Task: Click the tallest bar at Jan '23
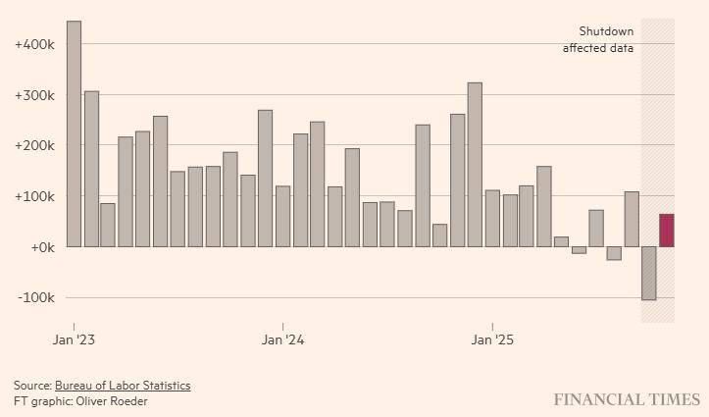[x=74, y=133]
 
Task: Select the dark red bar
[x=666, y=231]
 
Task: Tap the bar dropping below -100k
[x=648, y=273]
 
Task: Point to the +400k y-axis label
[x=34, y=45]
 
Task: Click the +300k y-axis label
[x=34, y=95]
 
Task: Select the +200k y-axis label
[x=34, y=146]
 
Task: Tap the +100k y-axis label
[x=34, y=196]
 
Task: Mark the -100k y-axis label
[x=35, y=297]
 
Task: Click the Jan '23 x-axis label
[x=75, y=340]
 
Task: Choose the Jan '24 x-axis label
[x=283, y=340]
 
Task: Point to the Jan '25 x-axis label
[x=492, y=340]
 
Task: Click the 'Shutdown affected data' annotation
[x=597, y=40]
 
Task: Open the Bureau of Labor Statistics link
[x=123, y=386]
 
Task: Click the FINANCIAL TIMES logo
[x=626, y=399]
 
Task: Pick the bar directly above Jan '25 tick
[x=492, y=218]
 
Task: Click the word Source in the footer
[x=31, y=386]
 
